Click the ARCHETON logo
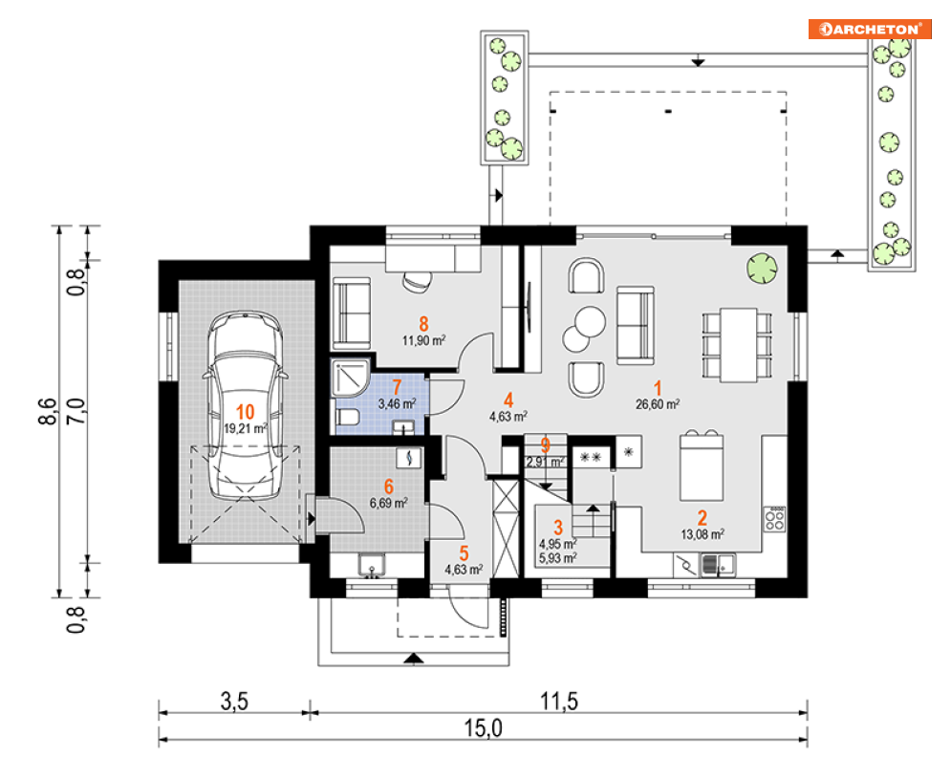(869, 29)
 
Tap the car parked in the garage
(245, 404)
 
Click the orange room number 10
(245, 412)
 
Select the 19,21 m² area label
(246, 428)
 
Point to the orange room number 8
(423, 325)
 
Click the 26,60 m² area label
(658, 404)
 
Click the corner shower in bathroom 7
(351, 378)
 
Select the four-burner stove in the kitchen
(774, 519)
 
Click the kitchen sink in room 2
(718, 566)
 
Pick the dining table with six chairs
(738, 345)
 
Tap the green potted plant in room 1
(763, 269)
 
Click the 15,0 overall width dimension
(484, 727)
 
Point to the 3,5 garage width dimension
(234, 702)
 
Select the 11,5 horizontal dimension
(559, 702)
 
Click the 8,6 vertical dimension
(48, 411)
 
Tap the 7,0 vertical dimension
(76, 411)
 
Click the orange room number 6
(389, 487)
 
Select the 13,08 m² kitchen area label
(702, 534)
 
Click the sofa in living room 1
(635, 325)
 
